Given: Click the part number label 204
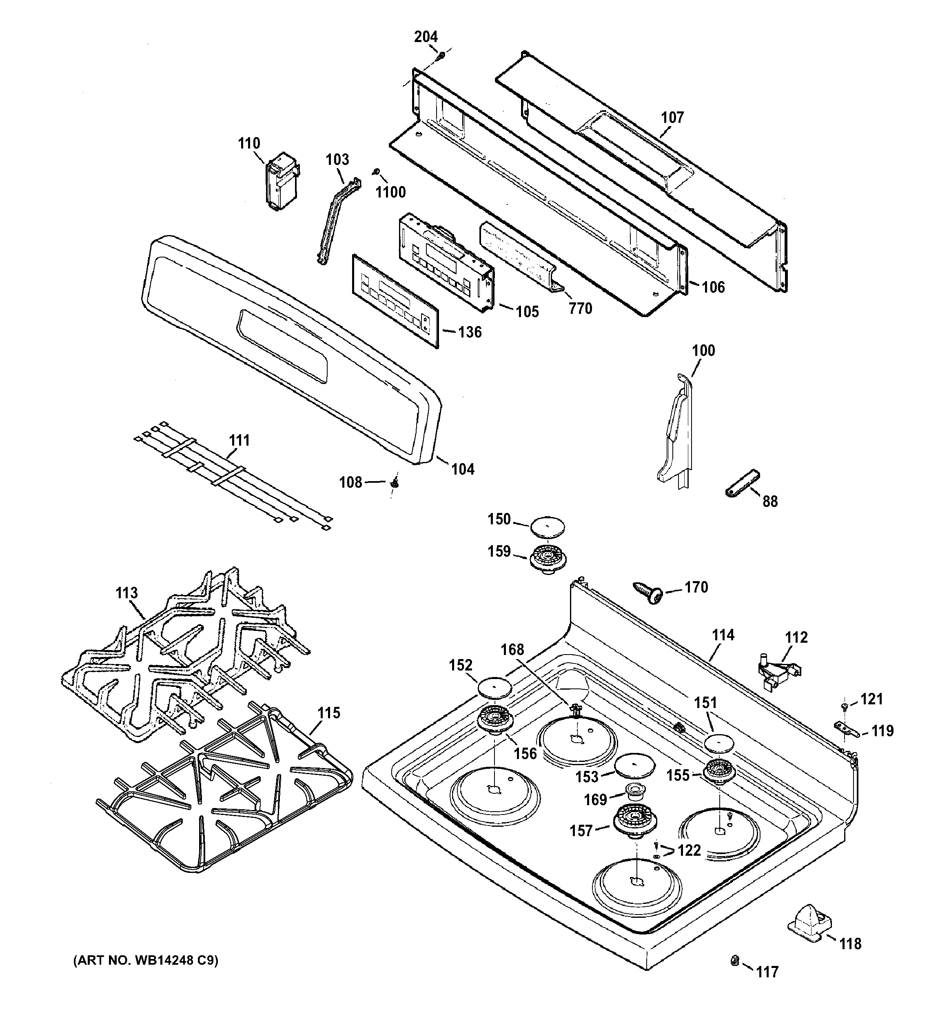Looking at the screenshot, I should (426, 37).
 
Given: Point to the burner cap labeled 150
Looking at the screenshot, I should (548, 526).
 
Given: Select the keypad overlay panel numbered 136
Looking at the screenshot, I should (394, 301).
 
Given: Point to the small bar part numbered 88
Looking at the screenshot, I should (742, 485).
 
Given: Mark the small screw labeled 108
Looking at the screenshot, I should (394, 483).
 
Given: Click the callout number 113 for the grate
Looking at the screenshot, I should (126, 593).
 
